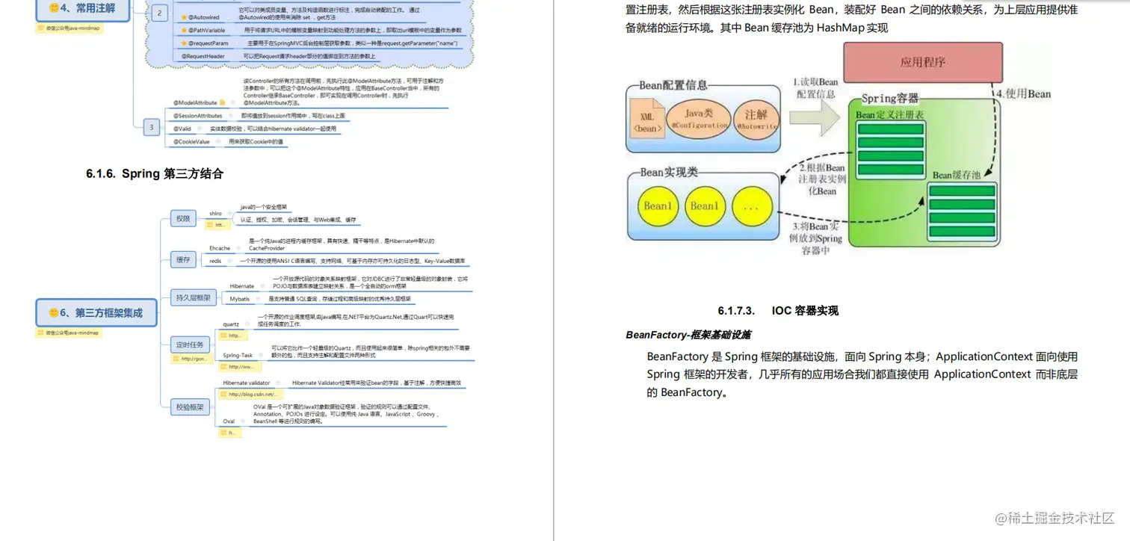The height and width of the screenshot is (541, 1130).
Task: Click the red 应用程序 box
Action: coord(922,62)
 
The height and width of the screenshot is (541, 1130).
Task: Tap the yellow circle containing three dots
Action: coord(750,206)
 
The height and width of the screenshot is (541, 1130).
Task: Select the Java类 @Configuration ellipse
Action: coord(699,119)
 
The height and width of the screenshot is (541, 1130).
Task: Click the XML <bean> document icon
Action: coord(647,122)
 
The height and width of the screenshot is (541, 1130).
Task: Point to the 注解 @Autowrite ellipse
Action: coord(756,120)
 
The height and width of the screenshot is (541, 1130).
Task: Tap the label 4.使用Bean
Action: coord(1023,94)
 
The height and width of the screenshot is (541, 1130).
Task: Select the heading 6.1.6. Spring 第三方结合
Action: coord(155,174)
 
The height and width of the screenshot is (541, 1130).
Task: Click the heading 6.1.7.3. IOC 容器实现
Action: coord(778,311)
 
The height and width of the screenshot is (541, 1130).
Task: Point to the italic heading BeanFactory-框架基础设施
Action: coord(688,335)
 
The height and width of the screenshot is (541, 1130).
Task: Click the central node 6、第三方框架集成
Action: coord(96,312)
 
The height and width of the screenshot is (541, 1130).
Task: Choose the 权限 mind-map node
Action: coord(183,219)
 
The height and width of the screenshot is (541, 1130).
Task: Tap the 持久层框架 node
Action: coord(193,297)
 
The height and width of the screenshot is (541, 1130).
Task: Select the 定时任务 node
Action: coord(190,344)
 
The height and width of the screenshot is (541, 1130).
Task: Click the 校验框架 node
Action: coord(190,407)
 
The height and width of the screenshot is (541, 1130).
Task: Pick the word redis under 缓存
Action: coord(215,261)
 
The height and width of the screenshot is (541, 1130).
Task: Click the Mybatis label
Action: coord(240,299)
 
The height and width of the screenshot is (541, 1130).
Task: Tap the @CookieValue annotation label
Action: coord(192,141)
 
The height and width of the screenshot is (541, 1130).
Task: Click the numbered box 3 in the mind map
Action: coord(151,127)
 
